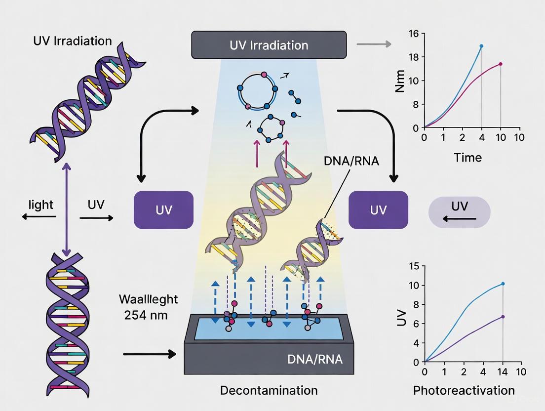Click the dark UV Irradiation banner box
pyautogui.click(x=269, y=45)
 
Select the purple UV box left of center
pyautogui.click(x=163, y=209)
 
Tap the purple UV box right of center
pyautogui.click(x=378, y=209)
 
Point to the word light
pyautogui.click(x=41, y=205)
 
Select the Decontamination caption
pyautogui.click(x=269, y=390)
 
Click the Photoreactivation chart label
pyautogui.click(x=464, y=390)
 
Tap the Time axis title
pyautogui.click(x=467, y=158)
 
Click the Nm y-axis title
pyautogui.click(x=400, y=82)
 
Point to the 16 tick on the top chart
pyautogui.click(x=413, y=34)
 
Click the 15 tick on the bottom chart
pyautogui.click(x=414, y=266)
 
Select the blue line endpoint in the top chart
pyautogui.click(x=481, y=46)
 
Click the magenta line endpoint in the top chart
pyautogui.click(x=501, y=64)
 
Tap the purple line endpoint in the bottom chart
pyautogui.click(x=503, y=317)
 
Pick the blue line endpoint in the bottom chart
pyautogui.click(x=503, y=284)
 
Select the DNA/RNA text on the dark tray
pyautogui.click(x=314, y=359)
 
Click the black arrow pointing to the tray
pyautogui.click(x=150, y=354)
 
